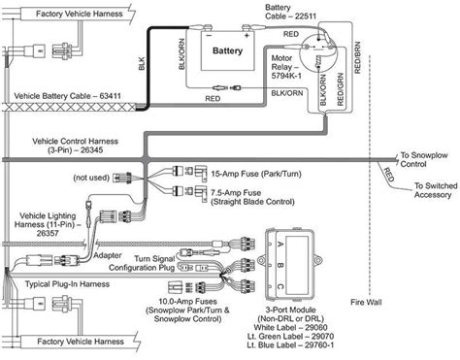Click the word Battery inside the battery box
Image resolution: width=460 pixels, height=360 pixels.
[x=227, y=50]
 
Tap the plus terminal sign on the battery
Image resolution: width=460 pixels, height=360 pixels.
[x=246, y=36]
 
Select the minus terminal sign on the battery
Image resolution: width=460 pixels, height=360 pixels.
[x=209, y=35]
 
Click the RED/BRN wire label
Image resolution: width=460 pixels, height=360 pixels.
[x=357, y=57]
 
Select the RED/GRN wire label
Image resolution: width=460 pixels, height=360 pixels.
[x=340, y=89]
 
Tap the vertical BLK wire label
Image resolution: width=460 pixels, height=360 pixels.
[x=142, y=64]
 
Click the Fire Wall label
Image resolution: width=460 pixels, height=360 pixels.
[x=366, y=303]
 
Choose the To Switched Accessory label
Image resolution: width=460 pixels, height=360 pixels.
[x=436, y=190]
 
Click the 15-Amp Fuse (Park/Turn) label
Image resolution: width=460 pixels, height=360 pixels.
[x=256, y=174]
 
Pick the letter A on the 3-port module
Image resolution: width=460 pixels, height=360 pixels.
[x=280, y=244]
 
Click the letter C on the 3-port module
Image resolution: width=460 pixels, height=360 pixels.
[x=280, y=286]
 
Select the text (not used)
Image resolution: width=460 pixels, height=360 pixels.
[x=91, y=178]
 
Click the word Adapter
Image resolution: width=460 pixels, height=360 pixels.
[x=108, y=255]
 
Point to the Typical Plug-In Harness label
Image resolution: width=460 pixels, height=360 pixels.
[x=67, y=284]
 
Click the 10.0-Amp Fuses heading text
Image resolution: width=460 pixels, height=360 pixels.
[x=187, y=302]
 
